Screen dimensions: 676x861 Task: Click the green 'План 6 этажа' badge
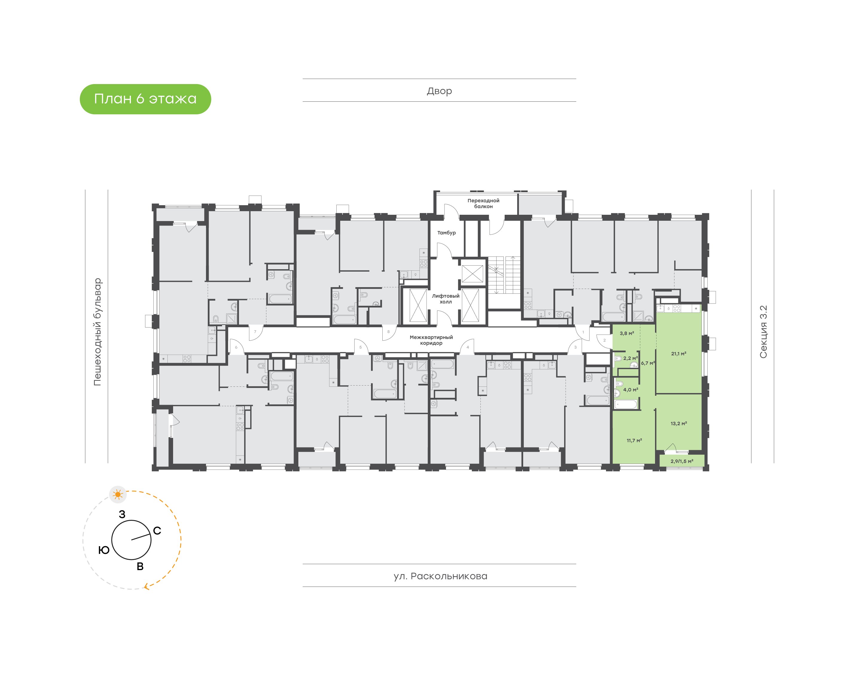145,99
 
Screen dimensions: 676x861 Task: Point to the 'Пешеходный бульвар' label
97,332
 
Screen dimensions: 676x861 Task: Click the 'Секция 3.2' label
763,332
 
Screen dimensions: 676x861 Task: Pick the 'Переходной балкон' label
483,203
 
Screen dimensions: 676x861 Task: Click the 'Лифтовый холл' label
445,299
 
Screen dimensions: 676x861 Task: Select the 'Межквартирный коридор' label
431,340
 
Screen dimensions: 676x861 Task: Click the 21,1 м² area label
679,354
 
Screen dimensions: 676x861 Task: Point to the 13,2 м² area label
679,424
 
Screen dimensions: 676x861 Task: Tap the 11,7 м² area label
634,440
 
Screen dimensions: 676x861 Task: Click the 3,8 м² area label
627,333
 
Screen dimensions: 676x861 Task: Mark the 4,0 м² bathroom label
631,389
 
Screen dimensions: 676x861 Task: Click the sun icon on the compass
118,494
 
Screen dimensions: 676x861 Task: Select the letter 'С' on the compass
157,531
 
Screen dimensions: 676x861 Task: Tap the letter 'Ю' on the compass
104,550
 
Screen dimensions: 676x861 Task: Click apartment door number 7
255,332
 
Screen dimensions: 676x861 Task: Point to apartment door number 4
468,347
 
